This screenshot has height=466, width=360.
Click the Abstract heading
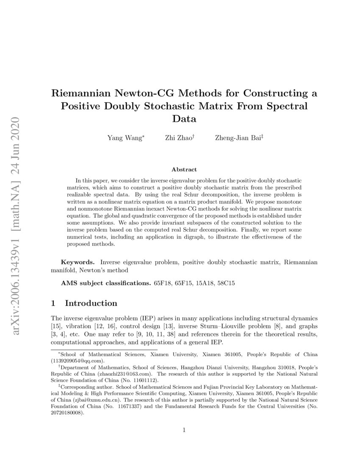(x=184, y=169)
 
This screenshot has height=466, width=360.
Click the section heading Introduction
(x=91, y=303)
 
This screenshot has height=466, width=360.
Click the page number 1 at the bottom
(x=184, y=430)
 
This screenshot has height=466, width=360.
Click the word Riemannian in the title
(x=86, y=93)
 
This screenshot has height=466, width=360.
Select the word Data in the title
(x=184, y=119)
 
